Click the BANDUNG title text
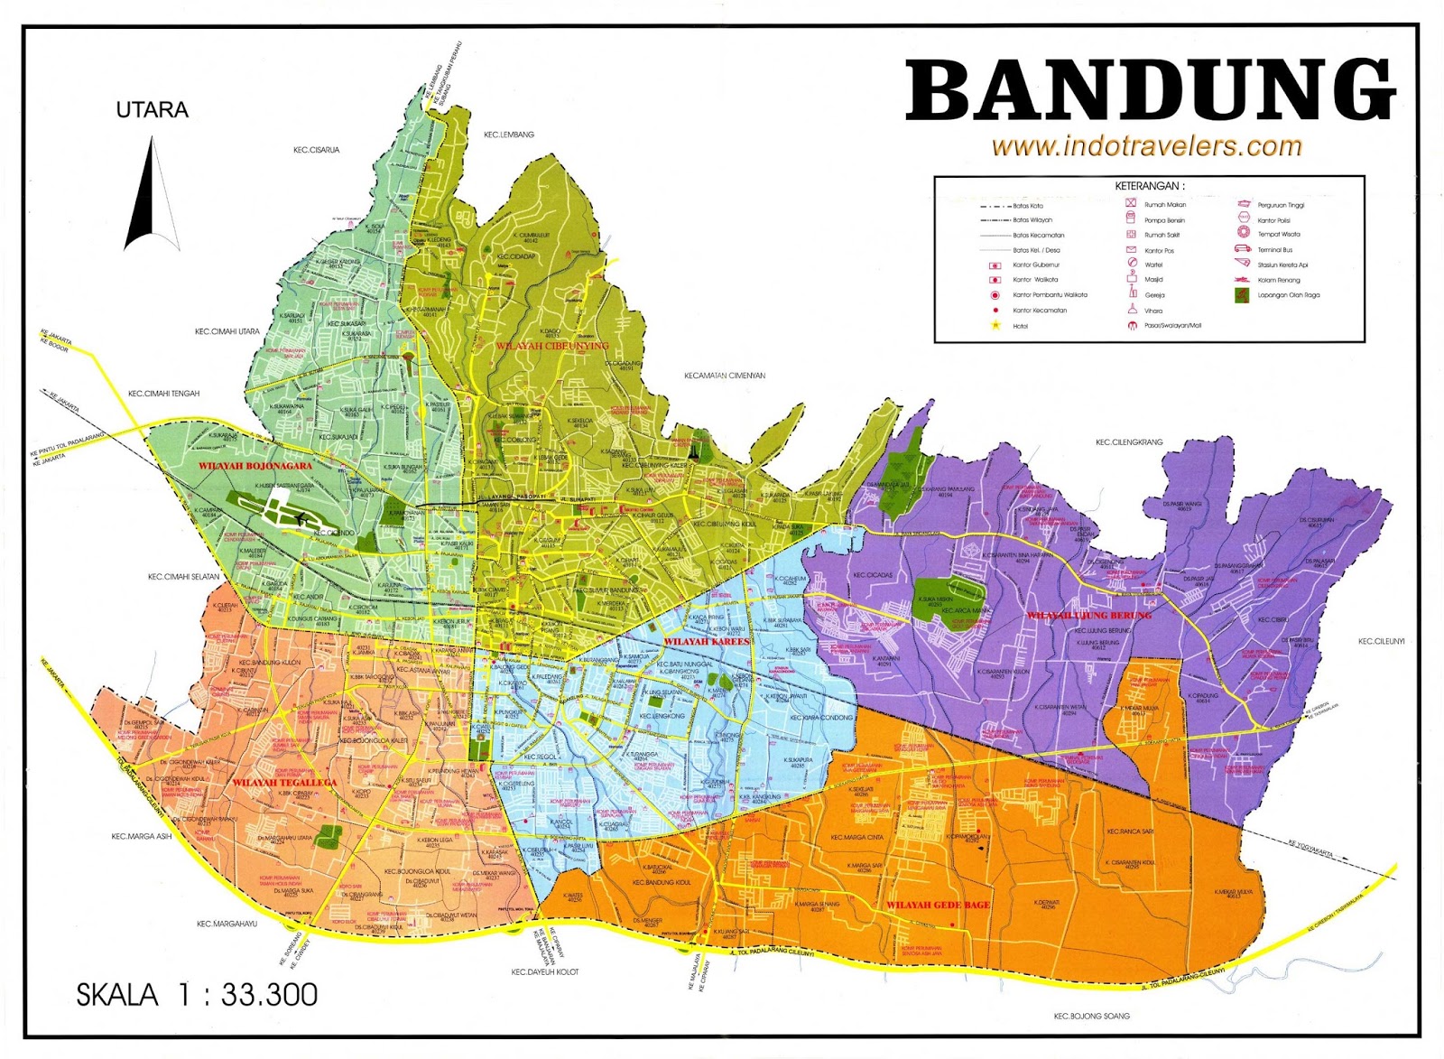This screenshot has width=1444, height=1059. tap(1151, 90)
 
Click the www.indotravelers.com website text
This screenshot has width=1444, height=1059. tap(1146, 146)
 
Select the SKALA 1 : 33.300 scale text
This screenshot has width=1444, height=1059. tap(197, 995)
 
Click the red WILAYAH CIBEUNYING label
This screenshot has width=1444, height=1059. tap(552, 346)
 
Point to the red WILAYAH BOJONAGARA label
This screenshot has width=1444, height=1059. tap(255, 466)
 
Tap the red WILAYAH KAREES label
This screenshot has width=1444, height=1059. tap(707, 641)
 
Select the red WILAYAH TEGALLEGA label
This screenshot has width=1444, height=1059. tap(285, 782)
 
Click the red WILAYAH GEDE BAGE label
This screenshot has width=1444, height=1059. tap(938, 905)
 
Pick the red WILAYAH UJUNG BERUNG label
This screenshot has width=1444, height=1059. tap(1089, 615)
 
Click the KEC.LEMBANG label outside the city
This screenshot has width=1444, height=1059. tap(509, 135)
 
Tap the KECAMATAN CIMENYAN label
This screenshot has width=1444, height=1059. tap(725, 376)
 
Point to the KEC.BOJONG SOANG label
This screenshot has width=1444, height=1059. tap(1091, 1016)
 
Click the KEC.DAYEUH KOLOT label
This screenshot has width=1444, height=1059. tap(545, 972)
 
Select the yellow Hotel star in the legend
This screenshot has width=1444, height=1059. tap(995, 325)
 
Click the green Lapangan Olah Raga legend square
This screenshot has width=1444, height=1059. tap(1243, 295)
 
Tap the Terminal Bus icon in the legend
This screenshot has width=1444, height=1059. tap(1243, 249)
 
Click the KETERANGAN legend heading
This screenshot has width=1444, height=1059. tap(1149, 186)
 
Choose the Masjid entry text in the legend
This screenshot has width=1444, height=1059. tap(1154, 280)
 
